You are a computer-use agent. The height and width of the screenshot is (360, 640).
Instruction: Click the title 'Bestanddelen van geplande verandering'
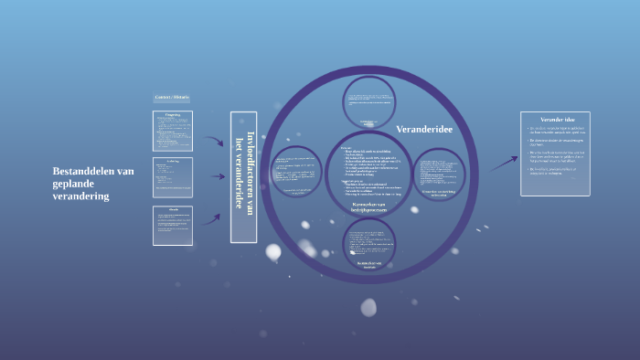click(x=94, y=183)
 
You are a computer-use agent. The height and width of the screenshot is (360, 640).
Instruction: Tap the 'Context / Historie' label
click(x=172, y=97)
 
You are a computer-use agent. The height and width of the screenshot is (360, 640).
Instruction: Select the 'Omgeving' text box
click(x=172, y=131)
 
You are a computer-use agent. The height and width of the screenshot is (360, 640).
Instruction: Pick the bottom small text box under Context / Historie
click(x=172, y=226)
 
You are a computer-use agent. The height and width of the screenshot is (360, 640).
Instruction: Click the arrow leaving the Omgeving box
click(x=214, y=142)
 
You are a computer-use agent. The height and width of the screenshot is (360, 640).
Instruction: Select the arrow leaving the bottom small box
click(x=214, y=220)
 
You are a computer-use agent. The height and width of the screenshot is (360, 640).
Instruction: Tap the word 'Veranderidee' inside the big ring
click(x=424, y=130)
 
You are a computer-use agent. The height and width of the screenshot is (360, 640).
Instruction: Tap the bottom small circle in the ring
click(x=370, y=244)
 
